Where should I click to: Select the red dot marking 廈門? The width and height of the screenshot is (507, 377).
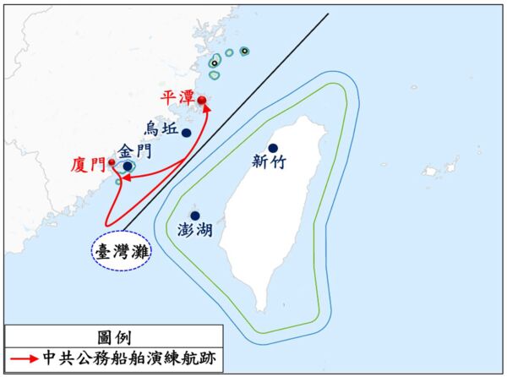[x=112, y=161]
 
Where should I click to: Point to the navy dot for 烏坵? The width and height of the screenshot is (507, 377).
[x=186, y=133]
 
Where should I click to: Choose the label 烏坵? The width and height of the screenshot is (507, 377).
[x=161, y=128]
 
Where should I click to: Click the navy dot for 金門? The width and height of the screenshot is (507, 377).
[x=127, y=167]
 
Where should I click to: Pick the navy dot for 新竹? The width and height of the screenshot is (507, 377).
[x=273, y=149]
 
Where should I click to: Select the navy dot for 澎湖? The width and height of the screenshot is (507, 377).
[x=195, y=215]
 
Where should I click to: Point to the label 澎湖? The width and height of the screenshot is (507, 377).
[x=196, y=230]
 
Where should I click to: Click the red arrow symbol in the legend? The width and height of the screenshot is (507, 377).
[x=25, y=358]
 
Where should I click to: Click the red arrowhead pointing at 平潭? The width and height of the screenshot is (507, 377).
[x=204, y=107]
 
